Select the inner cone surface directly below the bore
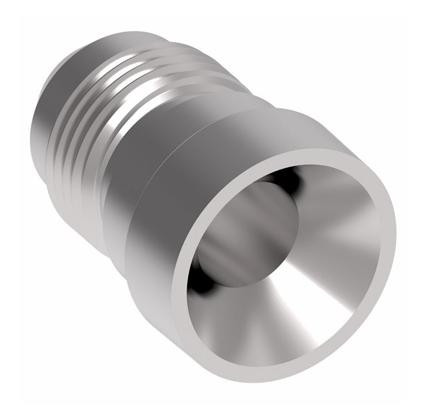tap(259, 324)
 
